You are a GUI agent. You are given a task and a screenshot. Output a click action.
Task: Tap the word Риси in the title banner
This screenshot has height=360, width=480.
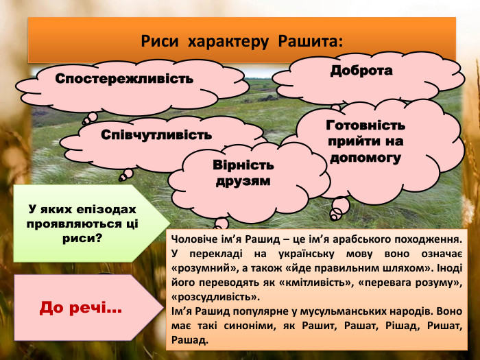159,41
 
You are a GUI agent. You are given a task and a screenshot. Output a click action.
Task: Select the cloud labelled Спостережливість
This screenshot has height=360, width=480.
124,79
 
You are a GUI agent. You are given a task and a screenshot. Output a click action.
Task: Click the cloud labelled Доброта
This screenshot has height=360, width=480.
361,71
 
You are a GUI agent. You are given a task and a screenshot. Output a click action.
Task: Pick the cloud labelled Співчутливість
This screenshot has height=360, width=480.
156,134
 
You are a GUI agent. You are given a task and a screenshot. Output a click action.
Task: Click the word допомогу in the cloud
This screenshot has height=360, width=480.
365,158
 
